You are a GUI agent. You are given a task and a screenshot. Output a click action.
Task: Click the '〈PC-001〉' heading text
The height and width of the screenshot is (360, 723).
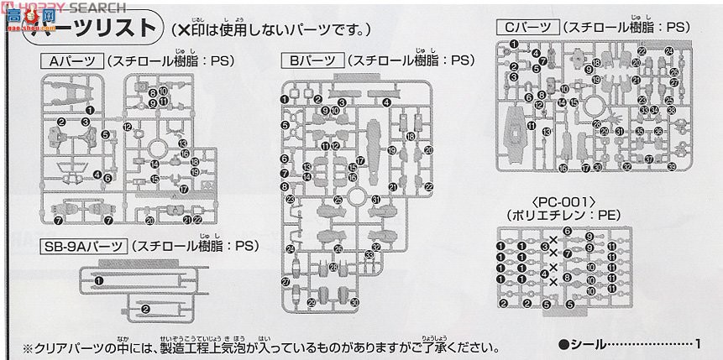pyautogui.click(x=563, y=201)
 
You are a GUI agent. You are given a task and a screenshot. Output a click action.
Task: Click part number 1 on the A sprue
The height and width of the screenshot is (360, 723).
pyautogui.click(x=90, y=110)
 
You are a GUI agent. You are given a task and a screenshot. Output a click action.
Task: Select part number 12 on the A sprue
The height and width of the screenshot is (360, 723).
pyautogui.click(x=127, y=127)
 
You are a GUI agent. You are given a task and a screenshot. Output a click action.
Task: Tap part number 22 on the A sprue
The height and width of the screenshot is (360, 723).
pyautogui.click(x=198, y=220)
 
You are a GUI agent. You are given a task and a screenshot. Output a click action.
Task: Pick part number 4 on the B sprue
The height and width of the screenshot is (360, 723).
pyautogui.click(x=385, y=102)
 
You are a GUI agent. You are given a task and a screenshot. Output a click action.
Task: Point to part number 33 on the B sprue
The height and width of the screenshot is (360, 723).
pyautogui.click(x=368, y=256)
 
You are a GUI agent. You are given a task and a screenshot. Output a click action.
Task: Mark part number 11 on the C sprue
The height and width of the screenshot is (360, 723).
pyautogui.click(x=531, y=125)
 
